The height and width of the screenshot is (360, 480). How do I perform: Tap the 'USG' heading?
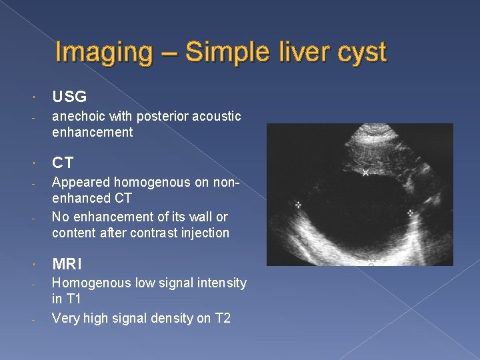[x=69, y=97]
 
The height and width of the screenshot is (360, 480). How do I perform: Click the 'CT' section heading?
[x=63, y=163]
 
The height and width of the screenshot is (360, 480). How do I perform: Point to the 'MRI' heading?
[x=67, y=264]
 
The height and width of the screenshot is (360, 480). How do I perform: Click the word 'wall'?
[x=200, y=217]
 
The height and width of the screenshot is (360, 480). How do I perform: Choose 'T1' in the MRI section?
[x=73, y=299]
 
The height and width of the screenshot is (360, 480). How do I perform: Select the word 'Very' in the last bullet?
[x=65, y=318]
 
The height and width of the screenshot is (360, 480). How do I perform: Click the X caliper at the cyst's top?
[x=365, y=173]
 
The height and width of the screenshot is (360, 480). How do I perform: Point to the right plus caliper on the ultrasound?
[x=410, y=213]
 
